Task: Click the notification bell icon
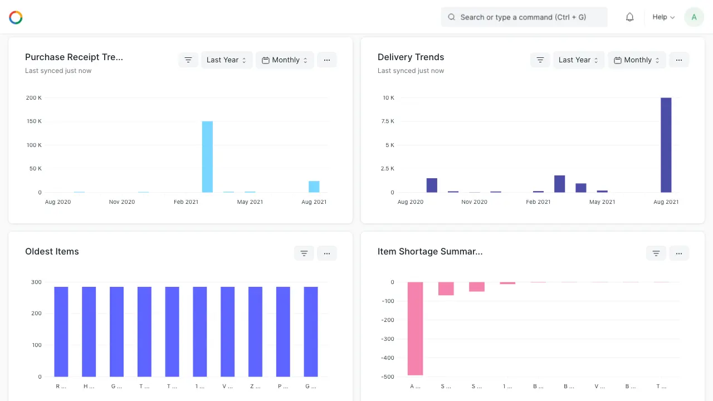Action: click(x=629, y=17)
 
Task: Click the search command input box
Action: click(x=524, y=17)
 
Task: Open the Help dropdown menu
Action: click(x=663, y=17)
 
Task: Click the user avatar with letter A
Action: click(x=694, y=17)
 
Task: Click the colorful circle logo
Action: click(x=16, y=17)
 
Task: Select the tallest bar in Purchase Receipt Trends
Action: click(x=207, y=157)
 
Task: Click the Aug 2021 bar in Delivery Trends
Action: click(x=666, y=145)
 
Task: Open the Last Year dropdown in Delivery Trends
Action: click(x=578, y=60)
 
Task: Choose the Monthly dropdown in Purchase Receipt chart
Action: click(x=285, y=60)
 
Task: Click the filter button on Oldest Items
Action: click(x=304, y=253)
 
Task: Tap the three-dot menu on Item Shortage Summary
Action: click(x=679, y=253)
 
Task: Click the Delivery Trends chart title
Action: click(x=411, y=57)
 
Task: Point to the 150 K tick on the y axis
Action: click(x=34, y=121)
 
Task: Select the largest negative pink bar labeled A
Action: click(x=415, y=328)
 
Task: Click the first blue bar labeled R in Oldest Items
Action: click(x=61, y=331)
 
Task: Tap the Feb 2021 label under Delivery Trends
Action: click(x=538, y=202)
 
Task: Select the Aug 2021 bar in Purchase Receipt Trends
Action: click(x=314, y=187)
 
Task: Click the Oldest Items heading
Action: click(x=52, y=252)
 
